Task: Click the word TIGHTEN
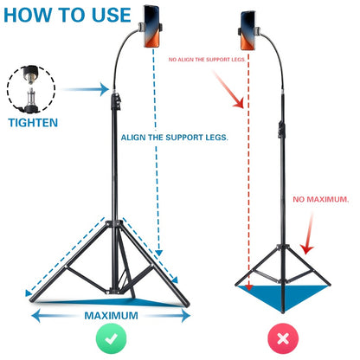(34, 123)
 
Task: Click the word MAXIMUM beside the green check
(110, 315)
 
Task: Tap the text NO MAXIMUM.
(320, 199)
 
